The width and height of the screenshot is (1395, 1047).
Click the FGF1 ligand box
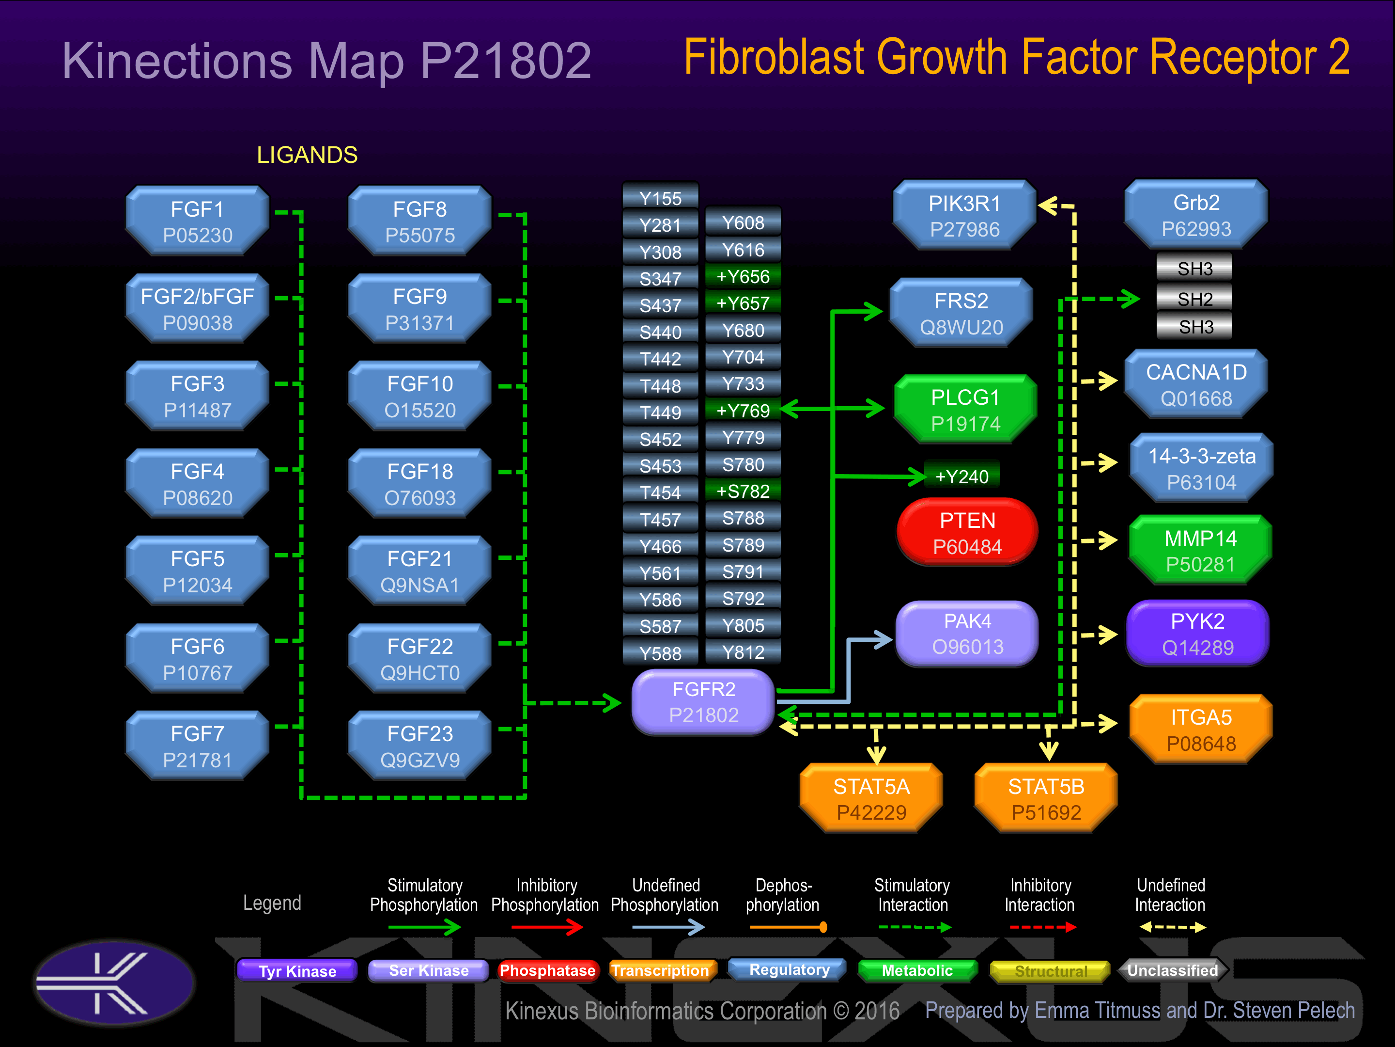(198, 221)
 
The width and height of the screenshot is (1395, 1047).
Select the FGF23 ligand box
(420, 746)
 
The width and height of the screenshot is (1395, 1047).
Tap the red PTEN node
(967, 532)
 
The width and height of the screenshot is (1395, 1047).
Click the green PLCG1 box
(965, 410)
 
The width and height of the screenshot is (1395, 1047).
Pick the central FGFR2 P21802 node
(704, 702)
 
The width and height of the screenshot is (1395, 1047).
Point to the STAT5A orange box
(871, 798)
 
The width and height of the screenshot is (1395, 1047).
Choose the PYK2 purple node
(1197, 633)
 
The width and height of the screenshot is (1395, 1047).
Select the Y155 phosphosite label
(660, 198)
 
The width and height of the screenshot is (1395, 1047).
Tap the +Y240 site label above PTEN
(962, 476)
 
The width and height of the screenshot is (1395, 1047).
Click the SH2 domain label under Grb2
(1194, 299)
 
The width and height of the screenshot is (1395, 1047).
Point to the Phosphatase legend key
(547, 970)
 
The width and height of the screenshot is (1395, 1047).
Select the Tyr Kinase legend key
(297, 970)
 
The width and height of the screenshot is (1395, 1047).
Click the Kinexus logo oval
(115, 983)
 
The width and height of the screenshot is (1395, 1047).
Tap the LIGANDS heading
(307, 155)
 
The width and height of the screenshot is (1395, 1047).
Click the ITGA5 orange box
(1201, 730)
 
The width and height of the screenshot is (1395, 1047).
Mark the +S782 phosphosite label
(743, 491)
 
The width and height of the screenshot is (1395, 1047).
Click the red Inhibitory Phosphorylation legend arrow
(547, 927)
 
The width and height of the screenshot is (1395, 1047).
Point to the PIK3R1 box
(965, 216)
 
